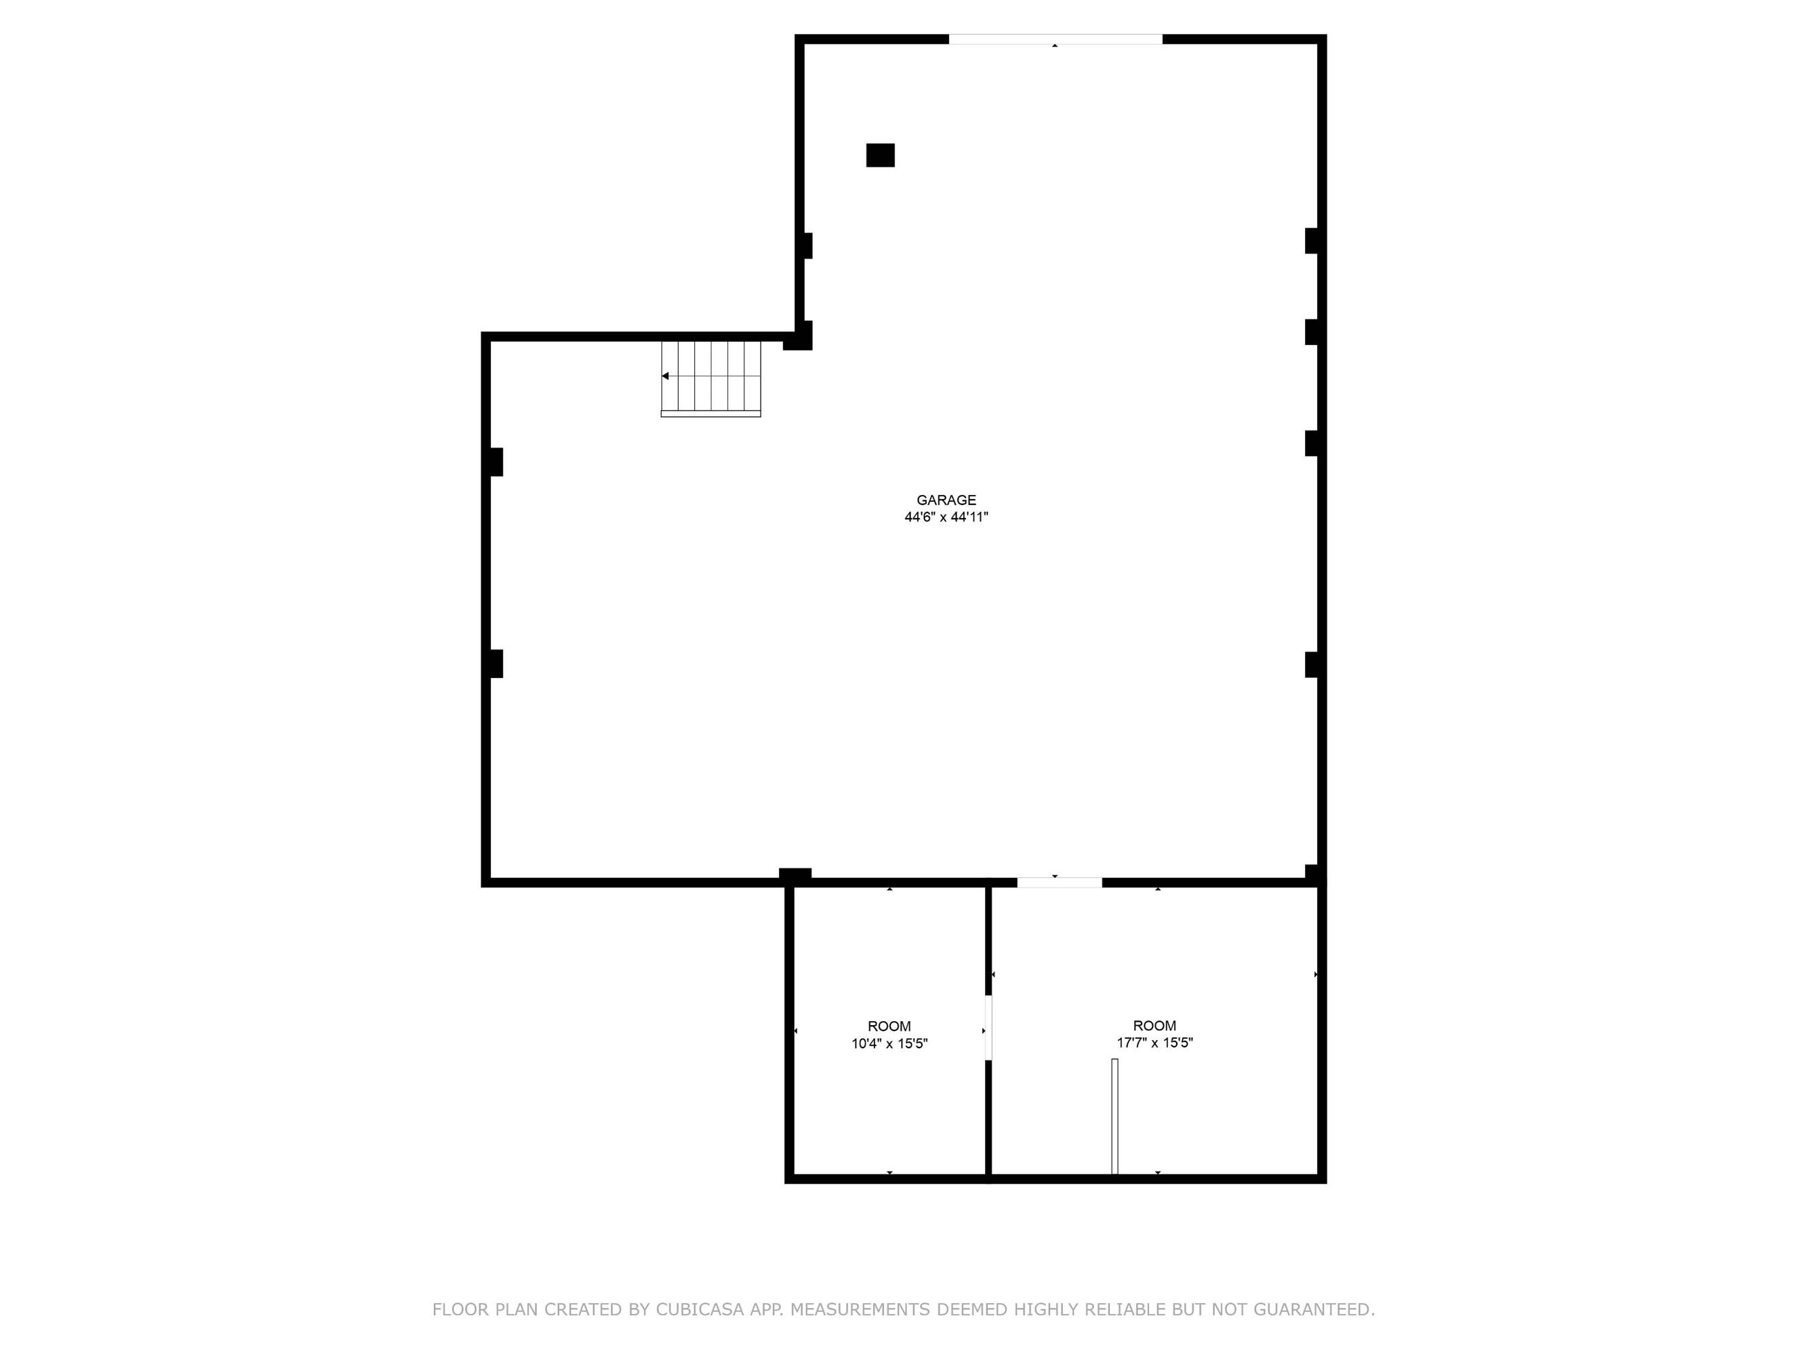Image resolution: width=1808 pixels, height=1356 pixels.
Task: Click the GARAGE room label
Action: pyautogui.click(x=946, y=500)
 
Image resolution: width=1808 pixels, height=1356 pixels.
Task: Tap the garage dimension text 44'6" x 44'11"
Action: pyautogui.click(x=946, y=517)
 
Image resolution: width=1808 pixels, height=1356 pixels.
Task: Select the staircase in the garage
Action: pyautogui.click(x=710, y=379)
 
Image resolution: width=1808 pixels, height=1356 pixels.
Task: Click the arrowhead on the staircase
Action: pyautogui.click(x=665, y=376)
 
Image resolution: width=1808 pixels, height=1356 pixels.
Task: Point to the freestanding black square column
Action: pyautogui.click(x=881, y=155)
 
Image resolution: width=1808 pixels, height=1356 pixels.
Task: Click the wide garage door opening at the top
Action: pyautogui.click(x=1056, y=39)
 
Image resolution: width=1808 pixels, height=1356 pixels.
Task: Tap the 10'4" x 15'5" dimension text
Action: pyautogui.click(x=889, y=1043)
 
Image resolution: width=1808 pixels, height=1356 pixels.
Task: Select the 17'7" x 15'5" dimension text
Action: pyautogui.click(x=1155, y=1043)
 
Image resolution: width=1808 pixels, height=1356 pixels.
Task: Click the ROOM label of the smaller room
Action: pyautogui.click(x=889, y=1026)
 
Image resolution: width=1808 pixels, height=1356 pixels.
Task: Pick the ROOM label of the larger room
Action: pyautogui.click(x=1155, y=1026)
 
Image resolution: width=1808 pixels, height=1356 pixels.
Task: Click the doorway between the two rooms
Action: pyautogui.click(x=988, y=1027)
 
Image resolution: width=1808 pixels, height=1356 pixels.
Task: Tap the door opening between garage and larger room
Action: pyautogui.click(x=1060, y=883)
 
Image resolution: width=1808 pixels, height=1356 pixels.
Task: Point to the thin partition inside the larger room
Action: pyautogui.click(x=1115, y=1117)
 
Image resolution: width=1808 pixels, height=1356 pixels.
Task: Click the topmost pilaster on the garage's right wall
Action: pyautogui.click(x=1311, y=241)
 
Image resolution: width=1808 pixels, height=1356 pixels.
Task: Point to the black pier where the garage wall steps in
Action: pyautogui.click(x=799, y=336)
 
